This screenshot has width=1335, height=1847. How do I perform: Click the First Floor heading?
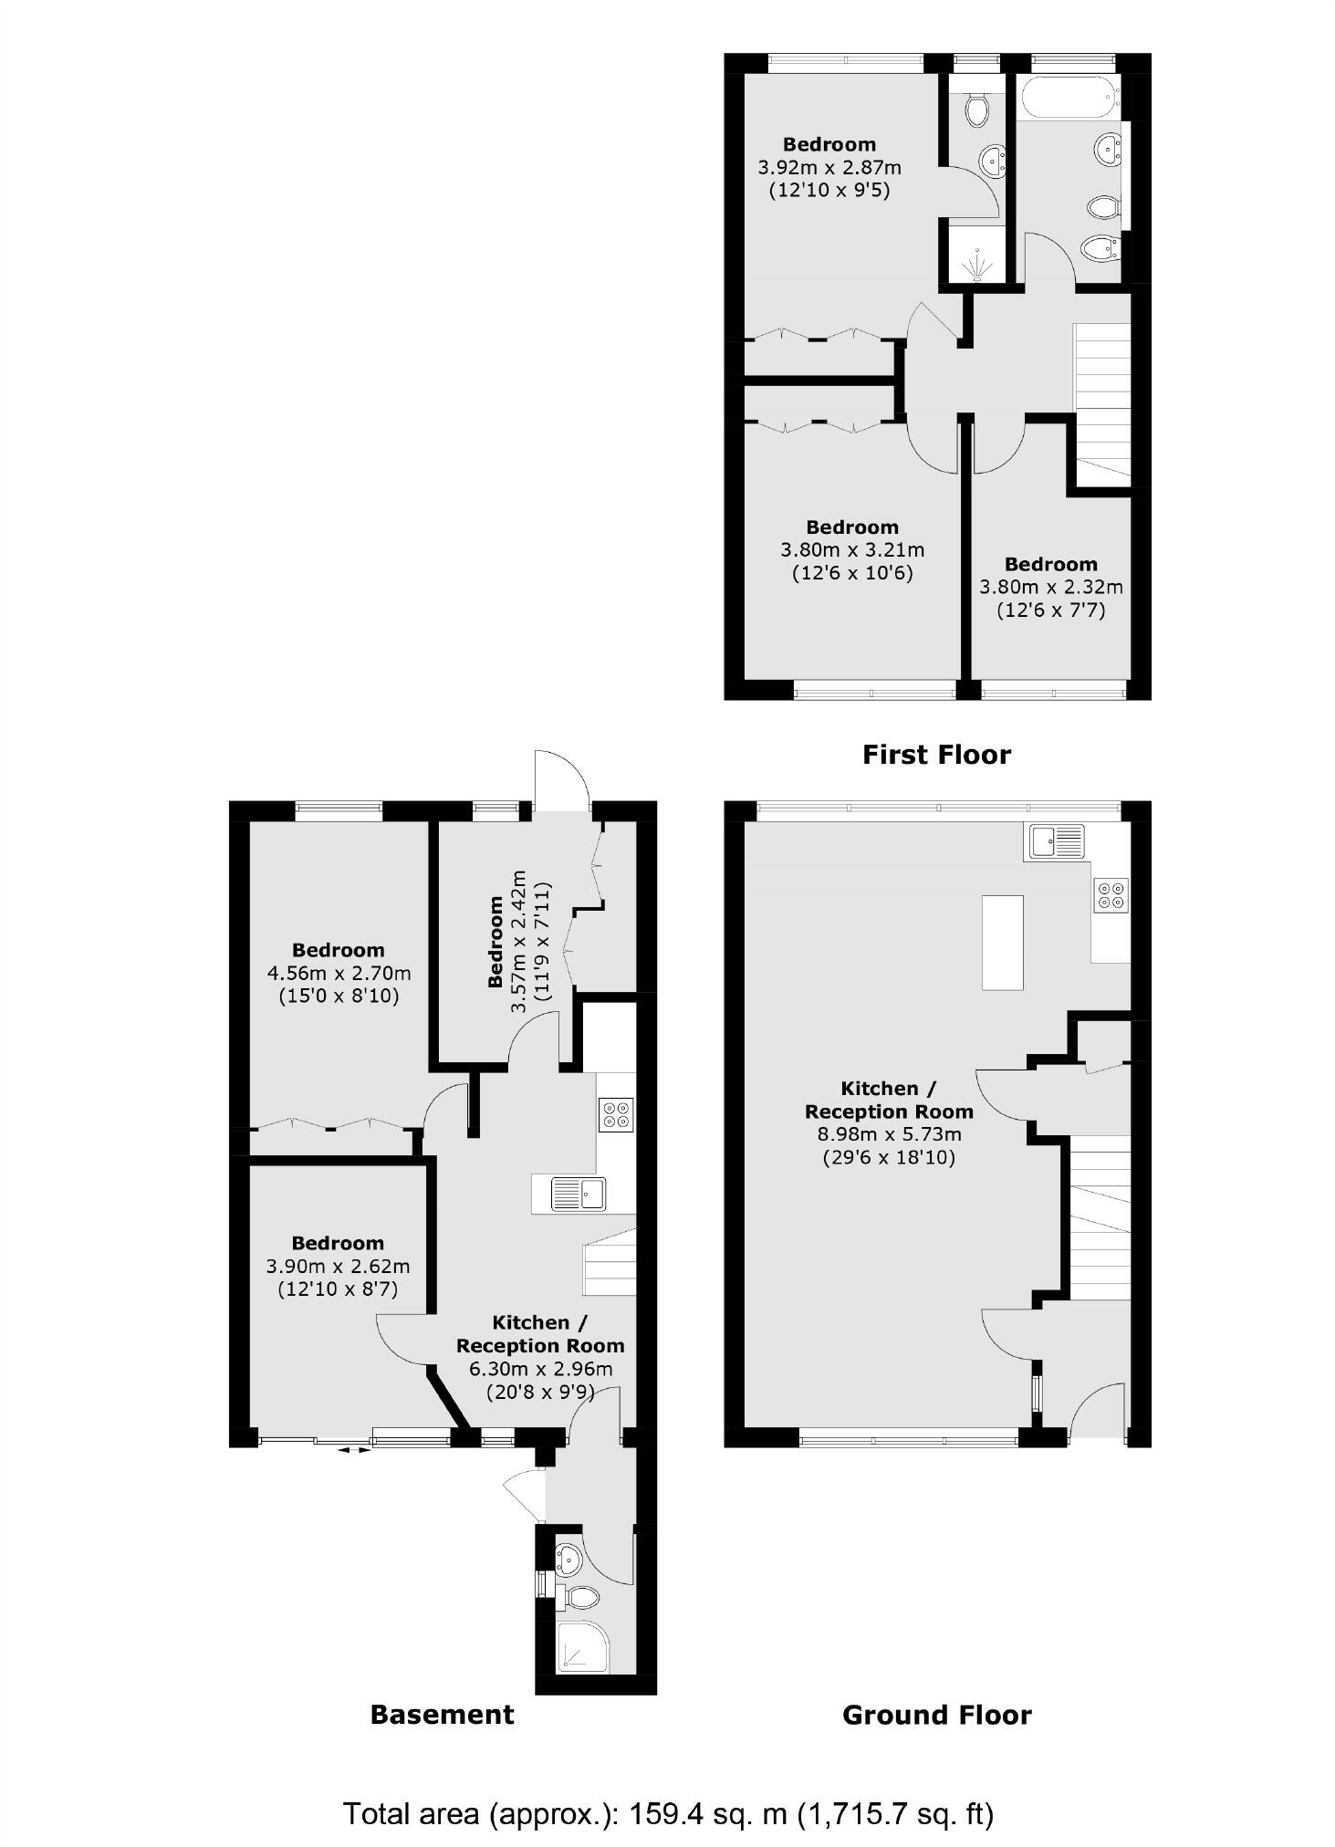936,755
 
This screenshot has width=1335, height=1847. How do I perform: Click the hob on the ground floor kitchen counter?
1111,893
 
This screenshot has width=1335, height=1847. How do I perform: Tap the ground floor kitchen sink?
1057,840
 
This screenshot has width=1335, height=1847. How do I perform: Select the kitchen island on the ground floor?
1002,942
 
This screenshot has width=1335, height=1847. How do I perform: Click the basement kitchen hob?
615,1115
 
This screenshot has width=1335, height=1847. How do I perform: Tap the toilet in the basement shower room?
580,1597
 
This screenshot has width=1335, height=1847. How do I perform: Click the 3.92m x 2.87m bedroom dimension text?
829,168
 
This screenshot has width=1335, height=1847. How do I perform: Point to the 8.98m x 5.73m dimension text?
889,1135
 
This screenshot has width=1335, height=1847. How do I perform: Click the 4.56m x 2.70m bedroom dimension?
338,973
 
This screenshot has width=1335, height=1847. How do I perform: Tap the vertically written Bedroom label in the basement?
496,942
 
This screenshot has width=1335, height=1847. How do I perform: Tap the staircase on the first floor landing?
1102,402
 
